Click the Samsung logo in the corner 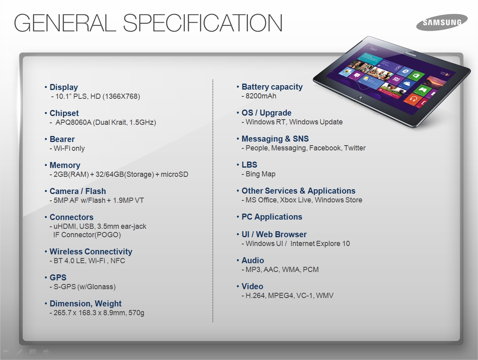[x=442, y=22]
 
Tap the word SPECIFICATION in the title [x=202, y=23]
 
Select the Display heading [x=64, y=87]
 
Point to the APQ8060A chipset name [x=73, y=122]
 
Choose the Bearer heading [x=62, y=139]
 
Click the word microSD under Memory [x=174, y=174]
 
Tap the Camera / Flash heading [x=78, y=191]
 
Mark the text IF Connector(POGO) [x=87, y=235]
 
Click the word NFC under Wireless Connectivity [x=118, y=261]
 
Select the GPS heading [x=58, y=277]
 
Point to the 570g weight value [x=136, y=313]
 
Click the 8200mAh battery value [x=261, y=96]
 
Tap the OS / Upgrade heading [x=266, y=113]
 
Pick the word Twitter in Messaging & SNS [x=355, y=148]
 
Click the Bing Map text [x=260, y=174]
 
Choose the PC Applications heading [x=272, y=217]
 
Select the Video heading [x=252, y=286]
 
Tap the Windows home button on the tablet [x=360, y=97]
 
